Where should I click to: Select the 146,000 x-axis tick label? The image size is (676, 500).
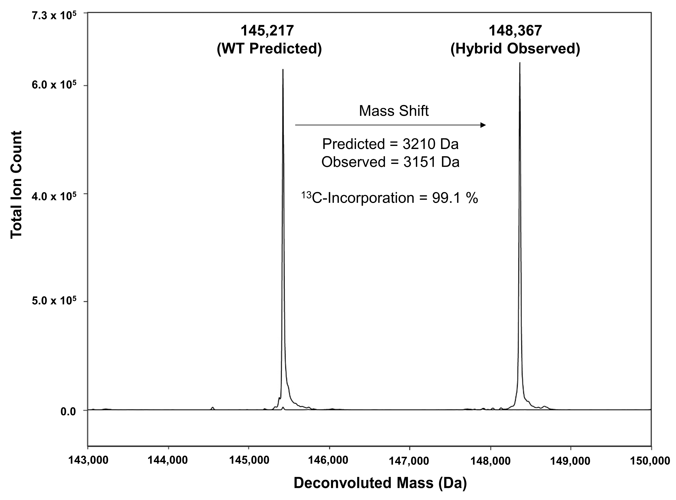[329, 460]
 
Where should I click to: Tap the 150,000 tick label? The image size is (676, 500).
[651, 460]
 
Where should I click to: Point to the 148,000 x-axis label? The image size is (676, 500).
[490, 460]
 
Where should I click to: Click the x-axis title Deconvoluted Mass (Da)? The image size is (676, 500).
[380, 483]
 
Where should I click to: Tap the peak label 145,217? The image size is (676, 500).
[267, 31]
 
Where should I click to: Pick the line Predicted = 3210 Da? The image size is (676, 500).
[390, 144]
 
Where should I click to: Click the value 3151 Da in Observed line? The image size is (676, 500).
[431, 162]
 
